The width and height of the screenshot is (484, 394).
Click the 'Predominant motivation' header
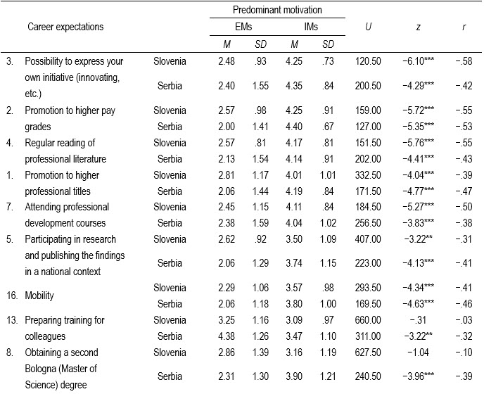coord(277,10)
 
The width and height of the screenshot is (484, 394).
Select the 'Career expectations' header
coord(65,27)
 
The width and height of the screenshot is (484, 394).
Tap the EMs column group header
coord(243,27)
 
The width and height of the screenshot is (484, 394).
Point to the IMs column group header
coord(311,27)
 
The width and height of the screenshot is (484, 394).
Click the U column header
coord(368,27)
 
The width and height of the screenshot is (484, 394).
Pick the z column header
coord(419,27)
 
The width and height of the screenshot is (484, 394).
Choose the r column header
coord(464,27)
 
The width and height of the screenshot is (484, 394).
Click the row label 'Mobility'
coord(39,295)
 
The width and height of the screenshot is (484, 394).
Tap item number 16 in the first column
coord(12,295)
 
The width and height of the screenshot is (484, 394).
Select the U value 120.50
coord(368,61)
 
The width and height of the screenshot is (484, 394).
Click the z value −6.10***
coord(419,61)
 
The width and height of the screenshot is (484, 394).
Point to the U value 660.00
coord(368,320)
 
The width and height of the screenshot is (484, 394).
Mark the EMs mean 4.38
coord(227,336)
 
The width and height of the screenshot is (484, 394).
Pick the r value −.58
coord(464,61)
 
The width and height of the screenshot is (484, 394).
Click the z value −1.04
coord(419,352)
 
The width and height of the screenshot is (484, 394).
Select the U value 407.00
coord(368,239)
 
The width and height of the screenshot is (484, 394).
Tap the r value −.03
coord(464,320)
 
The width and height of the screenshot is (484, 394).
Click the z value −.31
coord(419,320)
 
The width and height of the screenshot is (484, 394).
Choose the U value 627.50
coord(368,352)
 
